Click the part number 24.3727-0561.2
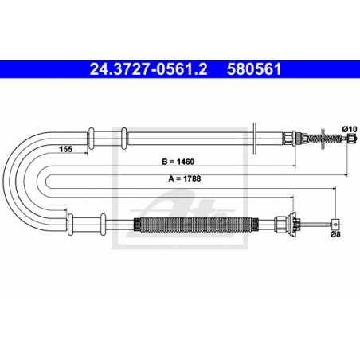[x=148, y=69]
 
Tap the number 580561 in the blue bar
[x=254, y=69]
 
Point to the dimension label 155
[x=65, y=149]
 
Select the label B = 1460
[x=178, y=162]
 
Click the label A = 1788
[x=185, y=178]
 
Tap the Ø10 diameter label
[x=350, y=129]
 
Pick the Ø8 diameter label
[x=335, y=234]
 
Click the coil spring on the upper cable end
[x=325, y=138]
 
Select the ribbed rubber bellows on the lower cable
[x=196, y=225]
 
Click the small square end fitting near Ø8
[x=335, y=225]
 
